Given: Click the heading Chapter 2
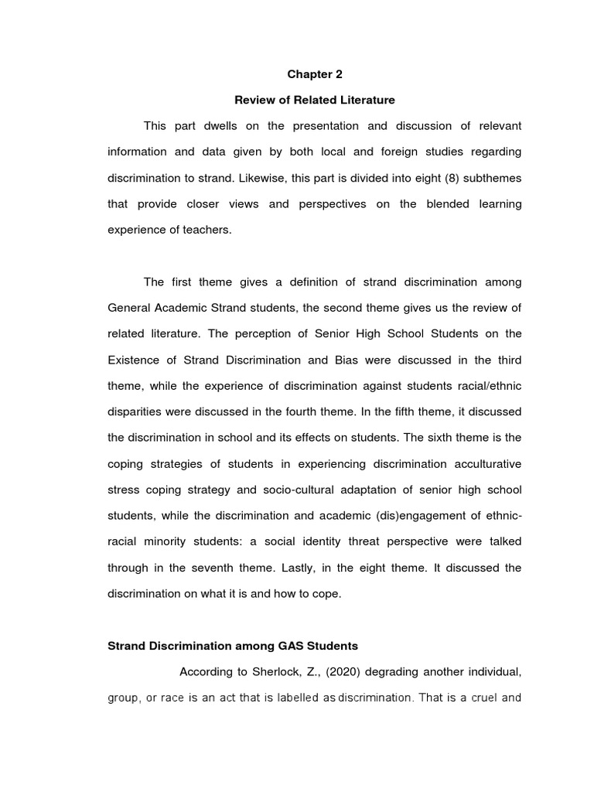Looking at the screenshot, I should click(x=314, y=74).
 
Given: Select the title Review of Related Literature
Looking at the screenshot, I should click(x=314, y=100).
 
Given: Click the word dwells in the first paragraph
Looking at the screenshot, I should click(x=228, y=126).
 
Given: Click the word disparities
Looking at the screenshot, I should click(x=133, y=412).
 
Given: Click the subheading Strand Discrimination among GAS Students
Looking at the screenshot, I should click(x=233, y=645).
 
